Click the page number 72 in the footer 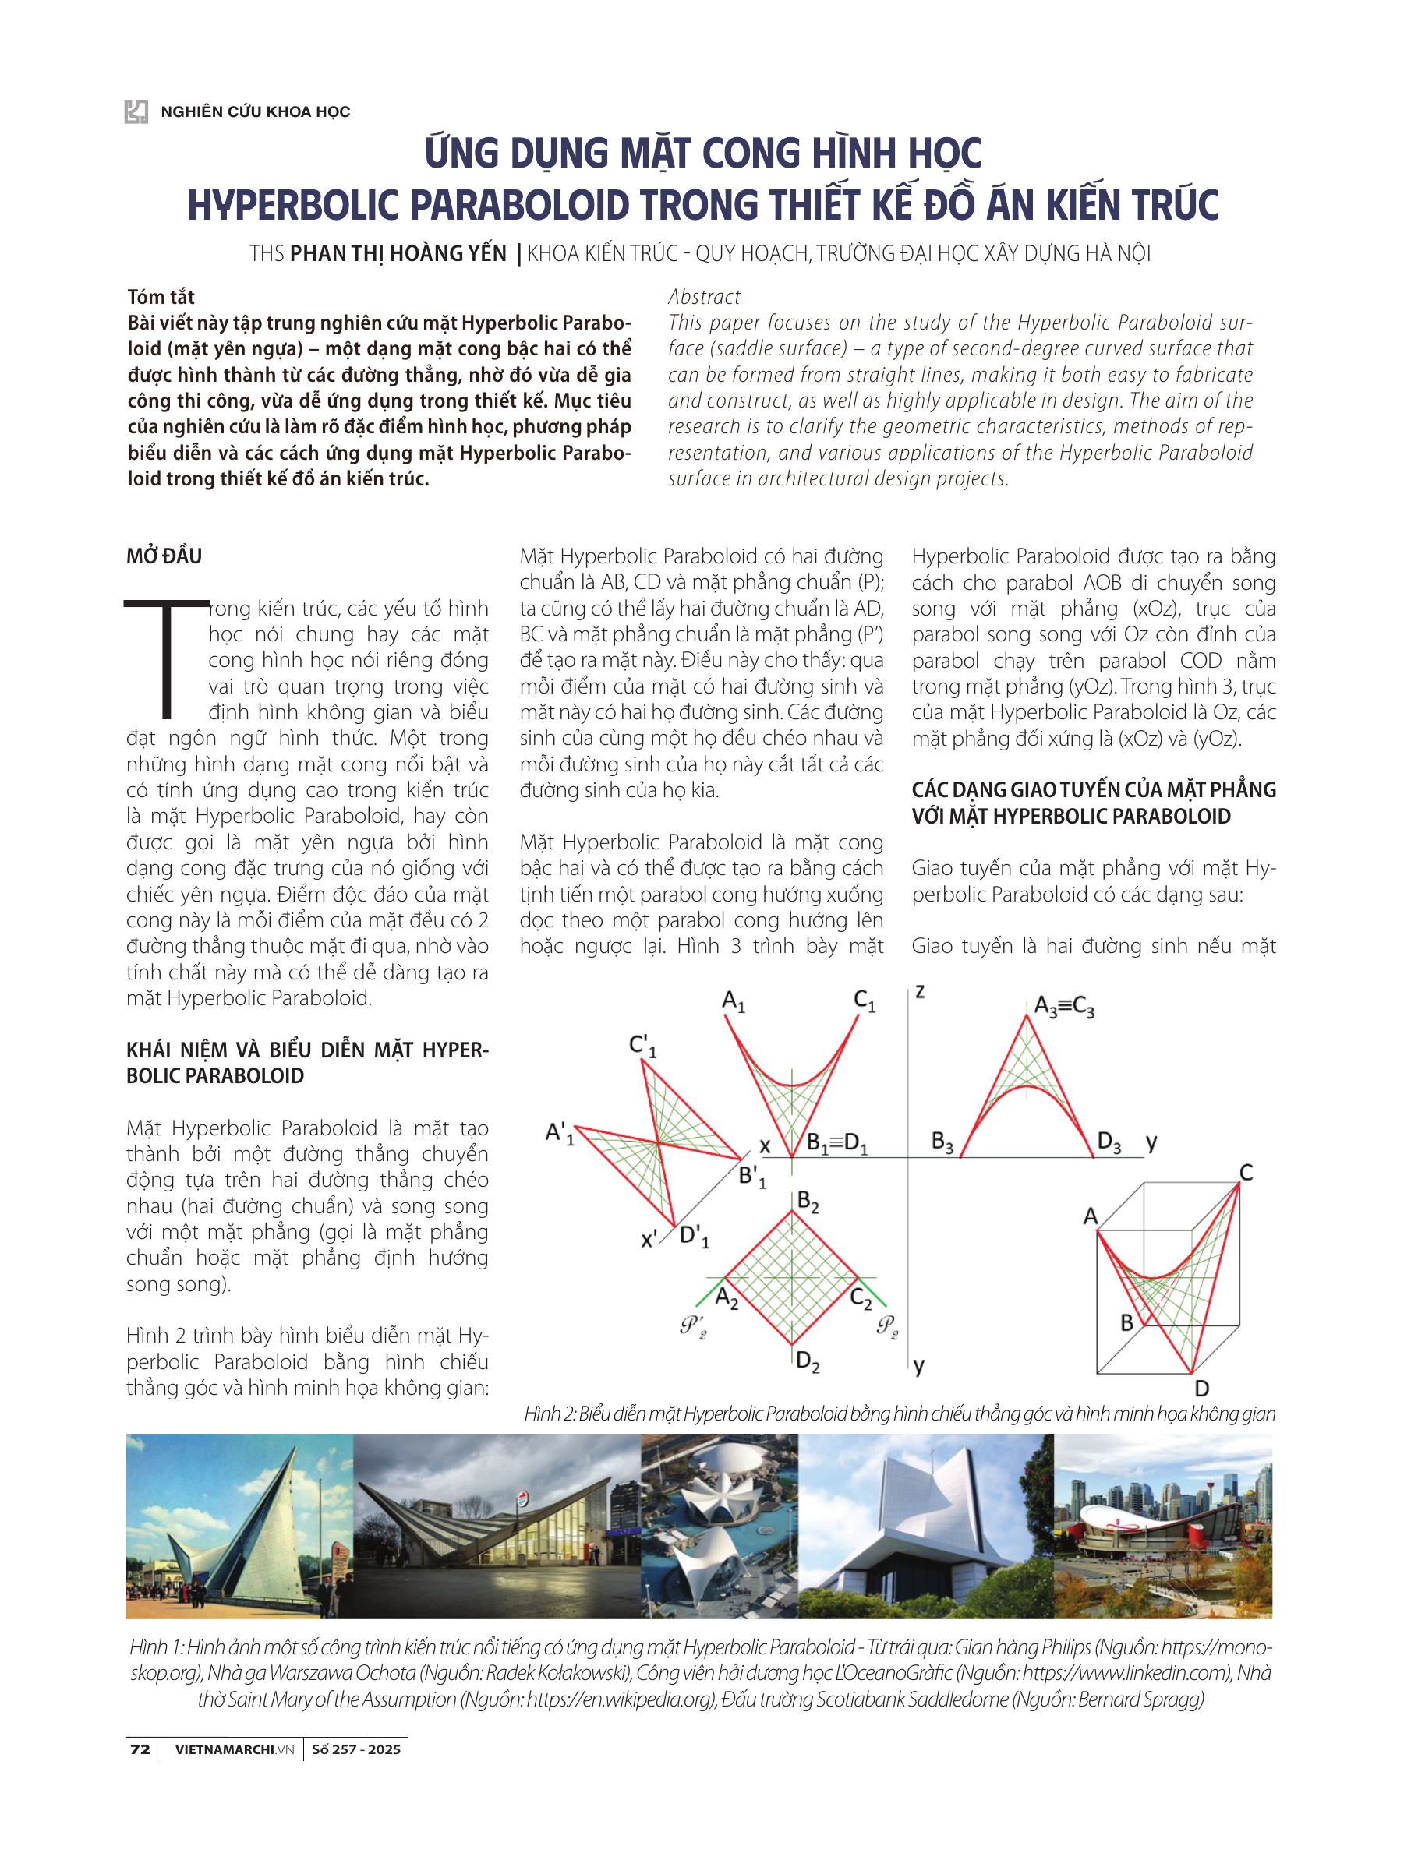[x=140, y=1749]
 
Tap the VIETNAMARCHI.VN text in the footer [x=234, y=1749]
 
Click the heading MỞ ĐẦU [x=164, y=556]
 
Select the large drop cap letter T [x=166, y=658]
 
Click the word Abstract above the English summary [x=704, y=297]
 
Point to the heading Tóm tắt [x=161, y=297]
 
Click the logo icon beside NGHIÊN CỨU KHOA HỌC [x=136, y=111]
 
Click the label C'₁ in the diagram [x=642, y=1047]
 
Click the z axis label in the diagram [x=920, y=991]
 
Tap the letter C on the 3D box [x=1246, y=1172]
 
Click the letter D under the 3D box [x=1202, y=1388]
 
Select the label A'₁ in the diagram [x=560, y=1132]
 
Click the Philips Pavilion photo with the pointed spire [x=239, y=1526]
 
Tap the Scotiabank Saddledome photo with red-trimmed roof [x=1162, y=1526]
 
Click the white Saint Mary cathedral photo [x=925, y=1526]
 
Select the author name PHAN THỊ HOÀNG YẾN [x=398, y=253]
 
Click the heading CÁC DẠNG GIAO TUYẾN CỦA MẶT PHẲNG [x=1093, y=790]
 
